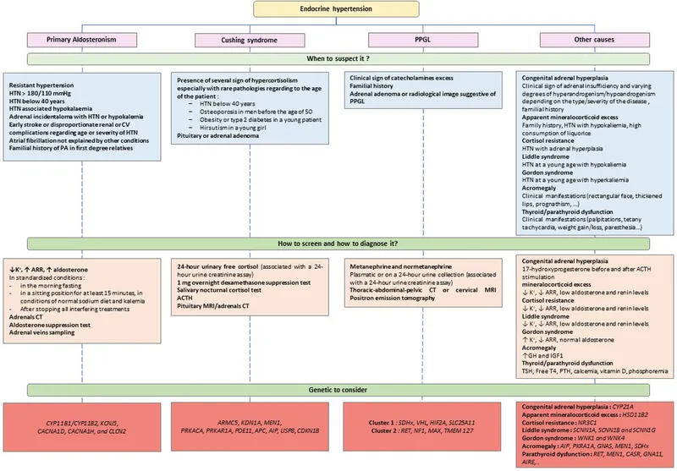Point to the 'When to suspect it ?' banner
(x=338, y=59)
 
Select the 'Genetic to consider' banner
(x=338, y=389)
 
